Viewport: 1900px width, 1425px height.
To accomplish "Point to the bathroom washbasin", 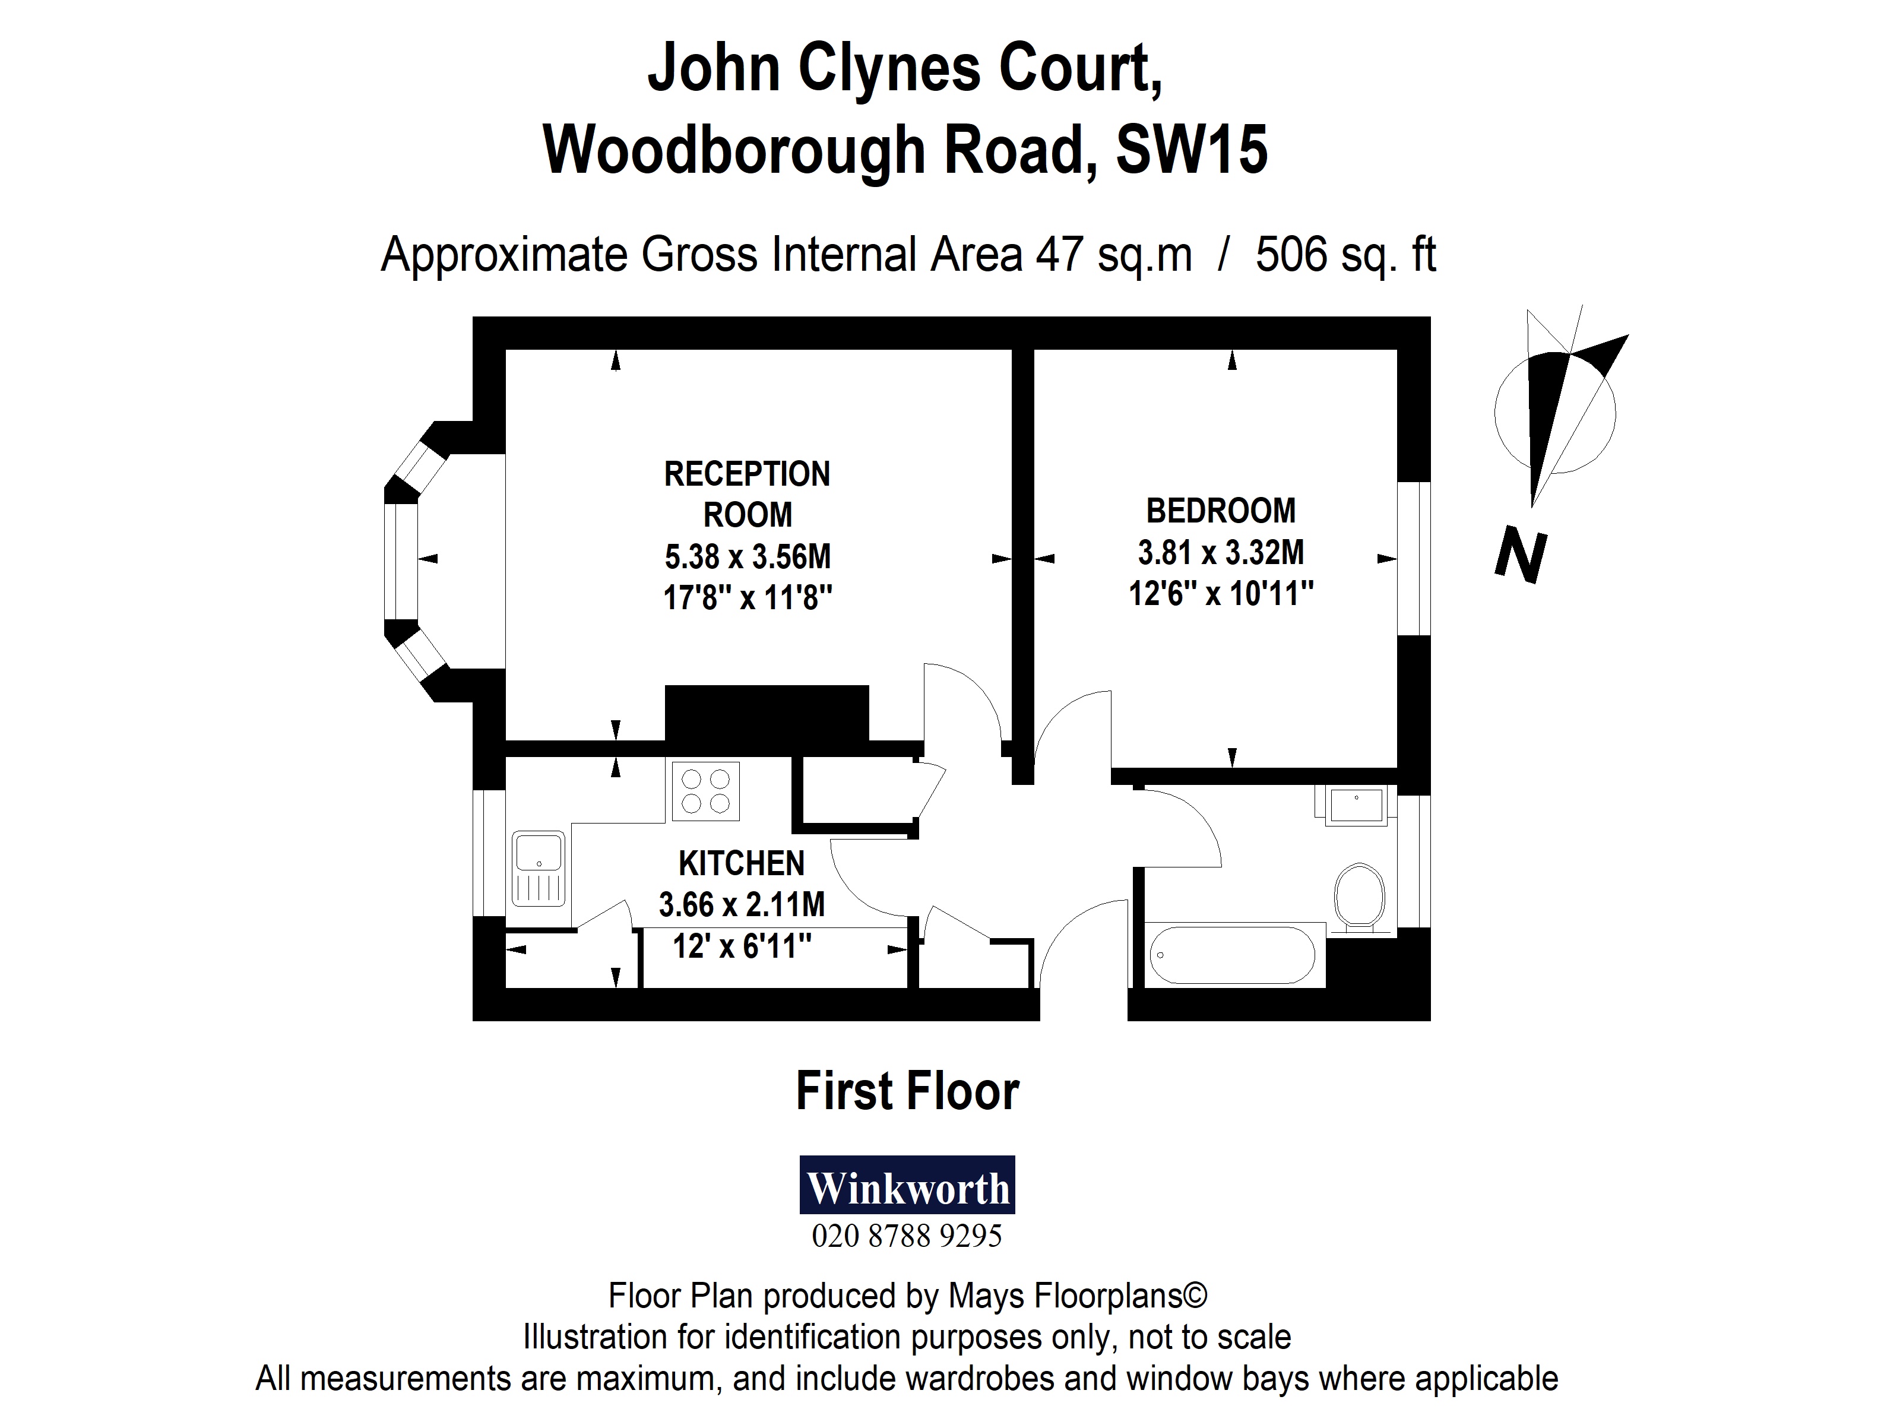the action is [x=1356, y=806].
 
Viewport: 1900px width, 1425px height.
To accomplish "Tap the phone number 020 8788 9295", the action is [x=907, y=1236].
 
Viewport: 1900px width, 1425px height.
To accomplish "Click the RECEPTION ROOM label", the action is [x=748, y=494].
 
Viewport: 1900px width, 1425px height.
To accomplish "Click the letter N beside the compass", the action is [x=1521, y=556].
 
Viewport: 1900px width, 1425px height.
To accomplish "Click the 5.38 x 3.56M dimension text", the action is [x=748, y=556].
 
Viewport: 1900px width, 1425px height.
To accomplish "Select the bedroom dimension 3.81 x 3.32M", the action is [x=1221, y=552].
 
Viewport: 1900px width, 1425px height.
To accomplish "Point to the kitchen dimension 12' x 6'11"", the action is [x=741, y=946].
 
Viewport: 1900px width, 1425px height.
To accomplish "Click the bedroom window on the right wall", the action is [x=1413, y=558].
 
